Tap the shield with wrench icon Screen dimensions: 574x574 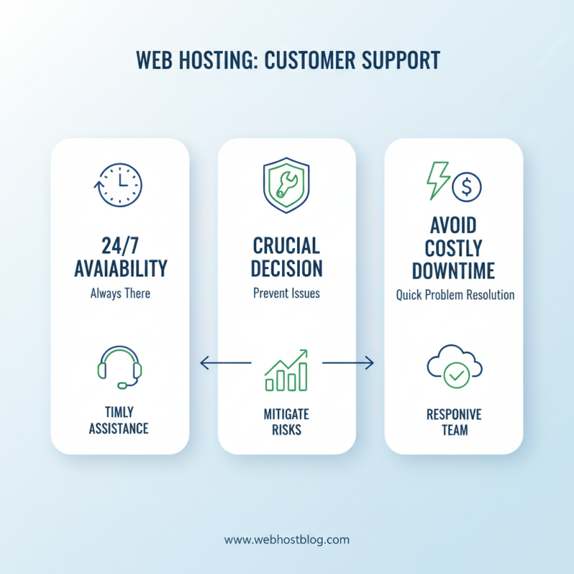[286, 184]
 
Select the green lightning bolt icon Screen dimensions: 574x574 [438, 180]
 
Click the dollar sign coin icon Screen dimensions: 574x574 [467, 187]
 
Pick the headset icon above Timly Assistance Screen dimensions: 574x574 [119, 368]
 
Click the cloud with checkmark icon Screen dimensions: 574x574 [453, 367]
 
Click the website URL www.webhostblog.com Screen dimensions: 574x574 [286, 540]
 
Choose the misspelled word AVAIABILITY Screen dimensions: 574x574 [121, 269]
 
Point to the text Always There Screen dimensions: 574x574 [120, 293]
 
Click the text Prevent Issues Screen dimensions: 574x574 [286, 293]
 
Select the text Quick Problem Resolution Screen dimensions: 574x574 [455, 295]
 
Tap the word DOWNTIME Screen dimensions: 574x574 [454, 272]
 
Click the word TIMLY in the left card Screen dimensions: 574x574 [119, 413]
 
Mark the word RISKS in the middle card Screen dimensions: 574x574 [286, 430]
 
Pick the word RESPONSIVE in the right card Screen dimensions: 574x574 [453, 415]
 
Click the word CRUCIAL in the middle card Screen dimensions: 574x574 [286, 246]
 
